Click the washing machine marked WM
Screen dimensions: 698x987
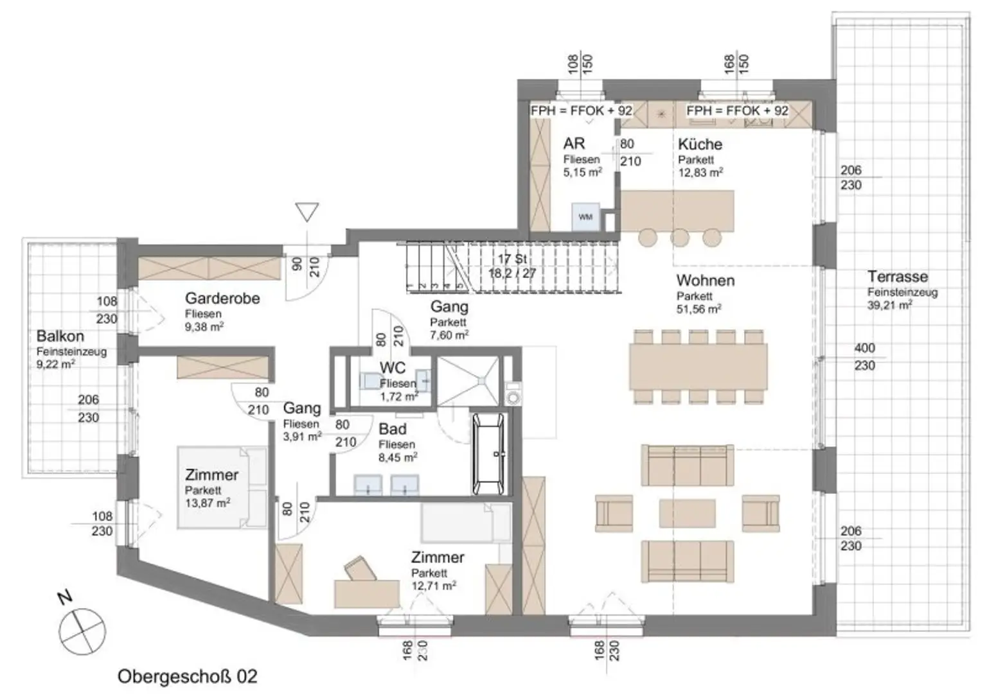pos(585,217)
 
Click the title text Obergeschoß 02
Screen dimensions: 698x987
pos(187,676)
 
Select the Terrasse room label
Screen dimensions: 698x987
pos(897,277)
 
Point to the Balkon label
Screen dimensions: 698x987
pos(60,336)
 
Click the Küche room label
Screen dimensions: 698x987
pos(700,144)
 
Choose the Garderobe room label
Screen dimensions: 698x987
pos(222,299)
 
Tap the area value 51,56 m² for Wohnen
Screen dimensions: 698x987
pos(698,309)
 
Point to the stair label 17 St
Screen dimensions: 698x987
pos(512,259)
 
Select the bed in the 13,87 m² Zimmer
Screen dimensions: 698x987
pos(222,488)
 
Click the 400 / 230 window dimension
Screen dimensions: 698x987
pos(864,357)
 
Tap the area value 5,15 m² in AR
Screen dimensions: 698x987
pos(582,172)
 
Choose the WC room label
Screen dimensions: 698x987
pos(393,368)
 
